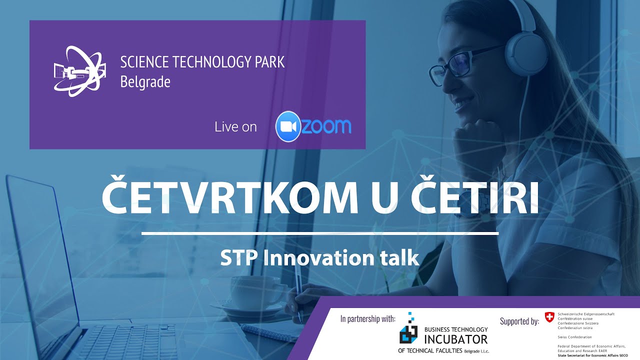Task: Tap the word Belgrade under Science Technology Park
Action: click(145, 81)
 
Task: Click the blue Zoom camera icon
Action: click(287, 126)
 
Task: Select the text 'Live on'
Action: click(235, 127)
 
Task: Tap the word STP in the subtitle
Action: click(238, 258)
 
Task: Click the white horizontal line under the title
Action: click(320, 233)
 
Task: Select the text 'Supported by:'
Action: click(519, 321)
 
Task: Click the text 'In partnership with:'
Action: click(367, 318)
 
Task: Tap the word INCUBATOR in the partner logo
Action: click(455, 339)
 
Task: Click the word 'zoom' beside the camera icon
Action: click(326, 126)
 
